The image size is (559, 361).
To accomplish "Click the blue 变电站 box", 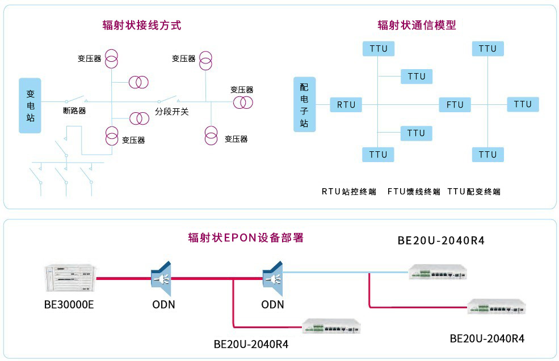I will [x=30, y=105].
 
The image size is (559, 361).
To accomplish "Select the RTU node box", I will [x=346, y=105].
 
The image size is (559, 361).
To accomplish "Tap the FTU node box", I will [x=455, y=105].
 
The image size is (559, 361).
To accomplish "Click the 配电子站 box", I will [x=304, y=105].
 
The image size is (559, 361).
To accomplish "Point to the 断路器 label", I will [x=74, y=111].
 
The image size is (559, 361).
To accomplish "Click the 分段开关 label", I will [x=172, y=112].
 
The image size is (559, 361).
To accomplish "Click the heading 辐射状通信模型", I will [x=417, y=25].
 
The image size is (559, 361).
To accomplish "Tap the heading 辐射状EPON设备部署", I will [x=246, y=237].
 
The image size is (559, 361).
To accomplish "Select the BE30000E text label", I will [x=69, y=305].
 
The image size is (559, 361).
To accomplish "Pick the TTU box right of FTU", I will [x=523, y=104].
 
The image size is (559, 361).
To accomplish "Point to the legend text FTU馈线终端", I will [x=414, y=192].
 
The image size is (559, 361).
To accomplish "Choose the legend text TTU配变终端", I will [x=474, y=192].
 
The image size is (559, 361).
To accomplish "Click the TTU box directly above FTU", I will [x=487, y=49].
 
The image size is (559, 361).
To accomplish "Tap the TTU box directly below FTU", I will [x=487, y=154].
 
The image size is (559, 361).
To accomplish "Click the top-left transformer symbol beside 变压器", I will [x=112, y=58].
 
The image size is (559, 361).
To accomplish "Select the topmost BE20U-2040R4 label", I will [x=441, y=240].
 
